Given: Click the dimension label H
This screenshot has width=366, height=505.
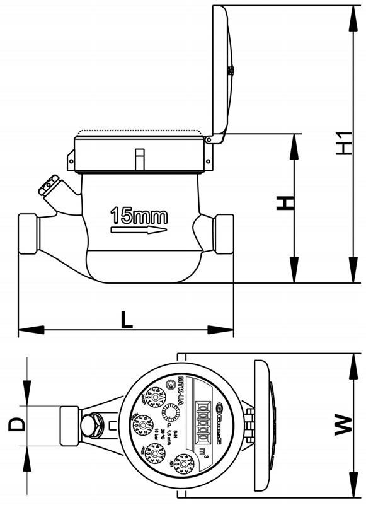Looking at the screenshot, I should pyautogui.click(x=287, y=202).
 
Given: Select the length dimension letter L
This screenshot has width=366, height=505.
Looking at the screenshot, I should pyautogui.click(x=127, y=319).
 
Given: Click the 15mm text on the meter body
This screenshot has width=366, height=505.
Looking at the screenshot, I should pyautogui.click(x=139, y=216).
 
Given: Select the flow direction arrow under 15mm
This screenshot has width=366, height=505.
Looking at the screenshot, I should pyautogui.click(x=139, y=231).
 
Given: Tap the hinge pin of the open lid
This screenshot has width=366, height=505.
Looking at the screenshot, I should pyautogui.click(x=209, y=139).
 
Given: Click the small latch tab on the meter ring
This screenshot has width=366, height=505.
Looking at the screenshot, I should pyautogui.click(x=140, y=159).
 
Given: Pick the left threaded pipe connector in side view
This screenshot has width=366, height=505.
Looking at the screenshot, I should pyautogui.click(x=29, y=241).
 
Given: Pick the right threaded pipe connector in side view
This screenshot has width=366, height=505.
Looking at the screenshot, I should pyautogui.click(x=223, y=241).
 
